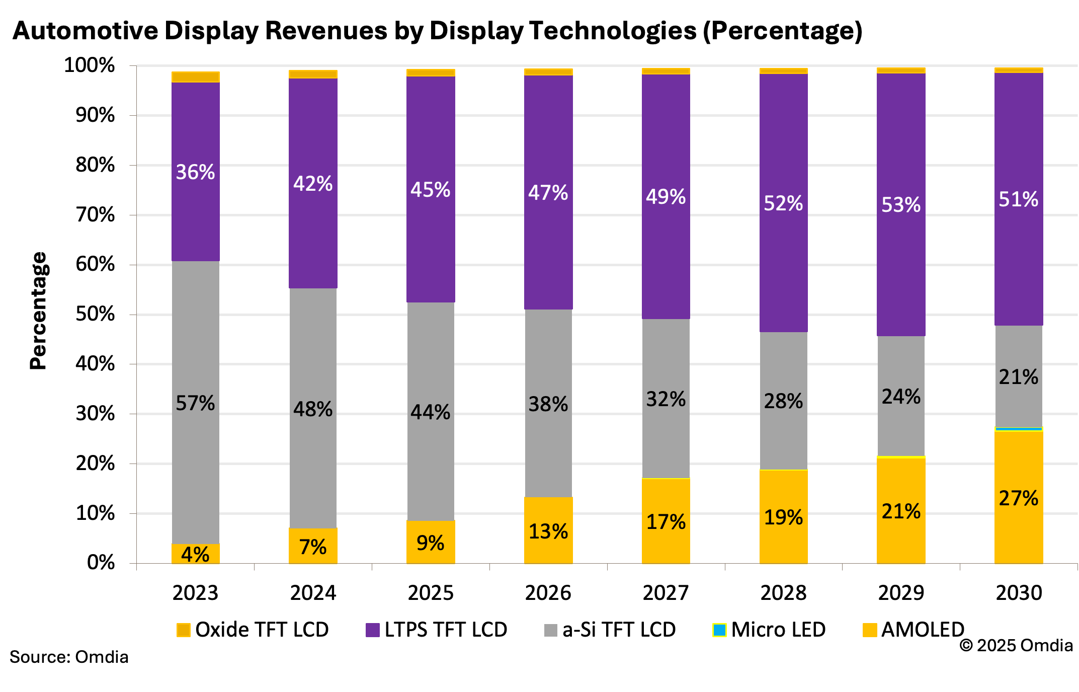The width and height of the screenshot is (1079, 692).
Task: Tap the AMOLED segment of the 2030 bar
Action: tap(1019, 533)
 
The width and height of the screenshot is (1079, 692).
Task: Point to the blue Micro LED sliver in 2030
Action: tap(1019, 429)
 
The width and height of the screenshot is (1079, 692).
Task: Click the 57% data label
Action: tap(195, 403)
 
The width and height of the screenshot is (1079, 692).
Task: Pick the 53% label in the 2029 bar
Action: tap(901, 205)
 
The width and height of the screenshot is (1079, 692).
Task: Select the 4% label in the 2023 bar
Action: tap(195, 555)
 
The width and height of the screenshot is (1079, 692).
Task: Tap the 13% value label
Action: tap(548, 531)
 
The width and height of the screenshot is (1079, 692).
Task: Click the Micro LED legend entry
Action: tap(769, 630)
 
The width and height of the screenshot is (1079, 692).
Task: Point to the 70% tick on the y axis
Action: tap(95, 215)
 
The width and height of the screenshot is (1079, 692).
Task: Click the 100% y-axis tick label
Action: tap(90, 65)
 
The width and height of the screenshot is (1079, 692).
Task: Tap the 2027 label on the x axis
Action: tap(666, 593)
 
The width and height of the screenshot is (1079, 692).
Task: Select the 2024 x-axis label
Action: tap(313, 593)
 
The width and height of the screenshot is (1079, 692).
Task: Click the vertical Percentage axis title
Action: tap(39, 311)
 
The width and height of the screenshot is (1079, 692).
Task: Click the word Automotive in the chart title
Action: tap(86, 31)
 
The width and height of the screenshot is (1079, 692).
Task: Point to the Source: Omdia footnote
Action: tap(69, 657)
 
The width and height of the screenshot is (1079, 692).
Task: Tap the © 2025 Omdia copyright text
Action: tap(1016, 645)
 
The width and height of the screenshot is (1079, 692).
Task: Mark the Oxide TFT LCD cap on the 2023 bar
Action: tap(195, 76)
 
